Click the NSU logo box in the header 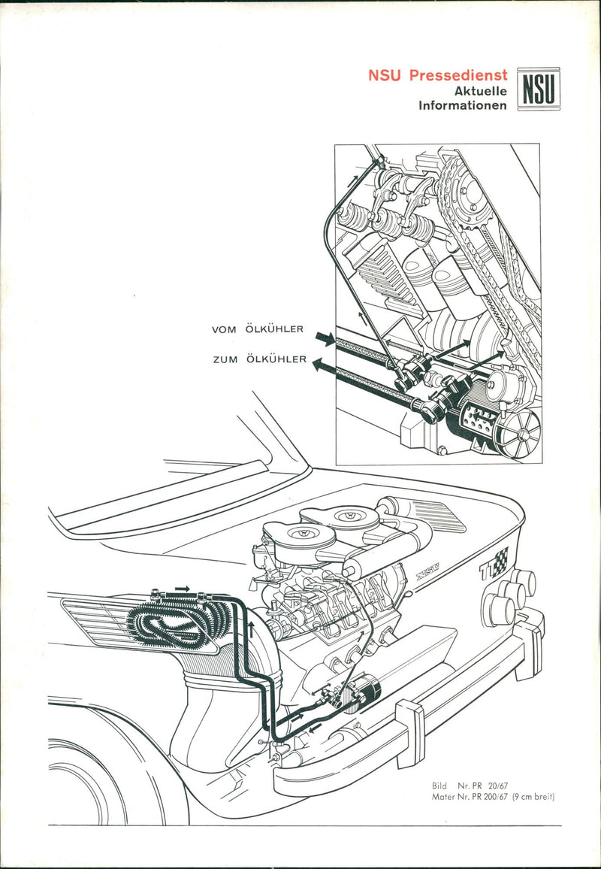click(539, 87)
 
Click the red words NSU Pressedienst click(437, 76)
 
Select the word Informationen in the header click(463, 106)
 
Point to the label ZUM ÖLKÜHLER click(258, 360)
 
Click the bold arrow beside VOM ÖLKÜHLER click(325, 340)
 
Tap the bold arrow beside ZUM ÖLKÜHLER click(325, 367)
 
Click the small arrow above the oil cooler click(182, 588)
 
